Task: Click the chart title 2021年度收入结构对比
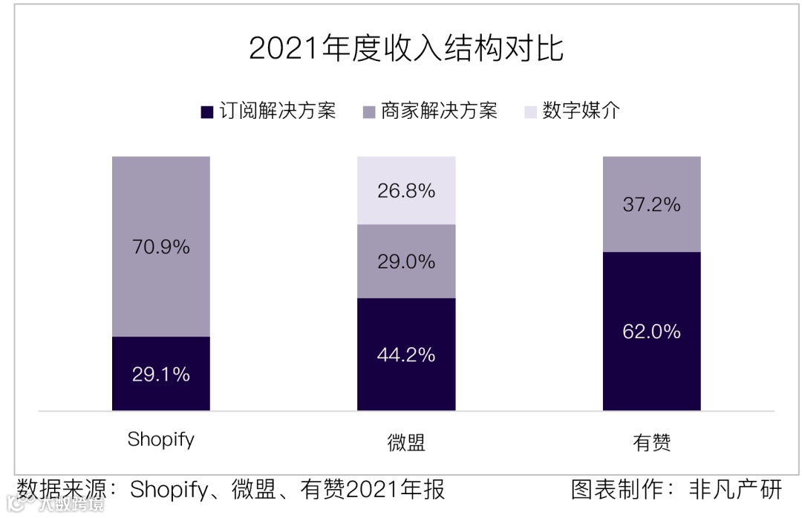[x=405, y=49]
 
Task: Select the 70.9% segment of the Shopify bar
[x=161, y=247]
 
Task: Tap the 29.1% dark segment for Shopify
[x=161, y=374]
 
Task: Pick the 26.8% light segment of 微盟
[x=406, y=190]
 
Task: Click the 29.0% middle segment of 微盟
[x=406, y=262]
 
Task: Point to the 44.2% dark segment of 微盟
[x=406, y=354]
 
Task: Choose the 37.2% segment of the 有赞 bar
[x=651, y=204]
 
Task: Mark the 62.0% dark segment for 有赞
[x=651, y=331]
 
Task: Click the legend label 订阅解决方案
[x=278, y=111]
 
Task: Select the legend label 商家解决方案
[x=439, y=111]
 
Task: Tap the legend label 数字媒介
[x=581, y=111]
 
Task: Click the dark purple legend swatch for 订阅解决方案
[x=207, y=112]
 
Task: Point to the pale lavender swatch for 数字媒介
[x=530, y=112]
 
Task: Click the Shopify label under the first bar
[x=160, y=439]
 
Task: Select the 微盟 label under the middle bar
[x=406, y=443]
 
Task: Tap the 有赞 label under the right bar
[x=651, y=443]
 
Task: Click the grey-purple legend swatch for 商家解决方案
[x=368, y=112]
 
